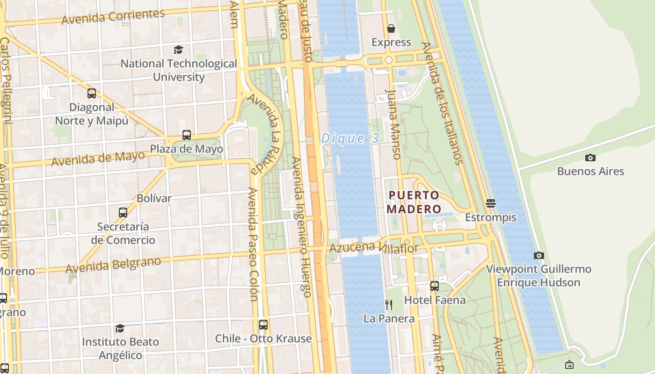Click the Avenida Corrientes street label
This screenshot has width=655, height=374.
point(113,16)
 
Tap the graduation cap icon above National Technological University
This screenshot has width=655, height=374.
point(178,50)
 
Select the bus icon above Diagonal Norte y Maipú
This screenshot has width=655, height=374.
point(92,93)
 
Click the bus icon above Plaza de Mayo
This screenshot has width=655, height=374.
point(187,135)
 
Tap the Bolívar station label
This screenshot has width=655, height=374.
point(154,198)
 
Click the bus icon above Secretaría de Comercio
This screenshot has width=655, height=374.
point(123,213)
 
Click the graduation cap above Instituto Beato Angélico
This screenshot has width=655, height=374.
point(120,328)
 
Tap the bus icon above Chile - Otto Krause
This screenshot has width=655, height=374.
point(263,324)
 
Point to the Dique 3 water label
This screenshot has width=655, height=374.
point(349,139)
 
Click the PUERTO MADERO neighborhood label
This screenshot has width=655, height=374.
point(414,202)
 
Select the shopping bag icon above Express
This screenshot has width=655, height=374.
point(391,29)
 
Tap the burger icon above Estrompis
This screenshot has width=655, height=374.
point(490,203)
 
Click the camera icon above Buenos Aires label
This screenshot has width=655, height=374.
point(590,158)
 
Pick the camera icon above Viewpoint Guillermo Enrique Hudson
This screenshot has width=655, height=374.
point(539,255)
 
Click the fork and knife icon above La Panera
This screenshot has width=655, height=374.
point(389,305)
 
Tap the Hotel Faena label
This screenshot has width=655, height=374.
point(435,300)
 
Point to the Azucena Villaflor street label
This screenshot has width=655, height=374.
point(373,248)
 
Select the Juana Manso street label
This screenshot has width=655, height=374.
point(393,124)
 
